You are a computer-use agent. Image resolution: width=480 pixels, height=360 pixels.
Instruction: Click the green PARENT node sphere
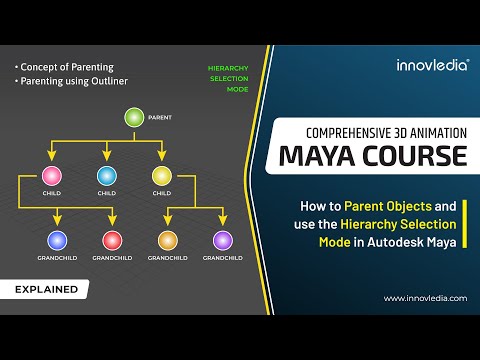(x=133, y=118)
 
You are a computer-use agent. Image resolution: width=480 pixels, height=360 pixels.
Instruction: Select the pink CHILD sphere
(x=51, y=177)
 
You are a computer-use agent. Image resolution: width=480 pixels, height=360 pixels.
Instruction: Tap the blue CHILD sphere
(x=106, y=177)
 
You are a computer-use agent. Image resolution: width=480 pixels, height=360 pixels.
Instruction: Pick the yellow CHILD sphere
(x=161, y=177)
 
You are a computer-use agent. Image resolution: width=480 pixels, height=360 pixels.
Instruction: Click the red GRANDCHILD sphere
(x=112, y=240)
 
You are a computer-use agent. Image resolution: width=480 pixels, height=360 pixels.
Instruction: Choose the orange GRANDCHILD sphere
(x=167, y=240)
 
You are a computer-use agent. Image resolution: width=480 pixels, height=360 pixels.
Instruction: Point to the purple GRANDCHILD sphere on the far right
(x=222, y=240)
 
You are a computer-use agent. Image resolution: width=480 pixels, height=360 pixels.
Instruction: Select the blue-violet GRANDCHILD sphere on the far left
(x=57, y=240)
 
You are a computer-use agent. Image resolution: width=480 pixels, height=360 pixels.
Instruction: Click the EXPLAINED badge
(x=46, y=290)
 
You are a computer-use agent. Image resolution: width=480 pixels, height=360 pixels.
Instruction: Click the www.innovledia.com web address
(x=424, y=298)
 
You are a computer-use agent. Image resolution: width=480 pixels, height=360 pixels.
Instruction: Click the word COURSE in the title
(x=419, y=157)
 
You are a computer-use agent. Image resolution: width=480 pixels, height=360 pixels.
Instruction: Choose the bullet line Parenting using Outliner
(x=73, y=80)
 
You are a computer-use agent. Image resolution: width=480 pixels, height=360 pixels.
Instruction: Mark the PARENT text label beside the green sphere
(x=160, y=118)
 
